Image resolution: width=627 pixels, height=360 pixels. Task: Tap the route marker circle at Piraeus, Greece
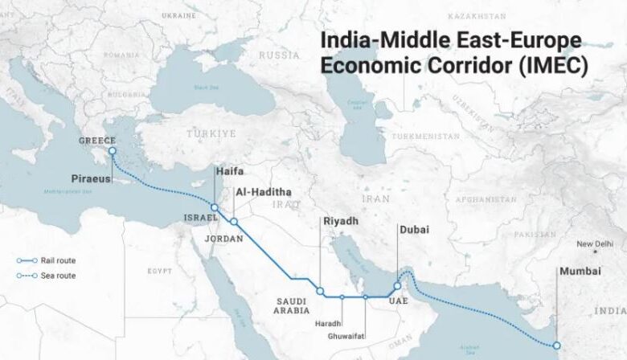(112, 150)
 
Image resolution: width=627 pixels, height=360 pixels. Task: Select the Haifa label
(228, 171)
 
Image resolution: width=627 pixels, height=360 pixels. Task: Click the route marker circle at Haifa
(215, 208)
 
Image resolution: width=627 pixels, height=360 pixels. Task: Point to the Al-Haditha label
(263, 192)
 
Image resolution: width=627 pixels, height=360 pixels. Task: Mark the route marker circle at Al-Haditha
(234, 221)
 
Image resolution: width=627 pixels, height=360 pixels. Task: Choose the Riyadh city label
(341, 221)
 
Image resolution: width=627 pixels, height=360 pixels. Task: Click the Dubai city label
(415, 229)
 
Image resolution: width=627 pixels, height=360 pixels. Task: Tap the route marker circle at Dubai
(397, 286)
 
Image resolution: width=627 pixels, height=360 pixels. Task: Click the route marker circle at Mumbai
(555, 346)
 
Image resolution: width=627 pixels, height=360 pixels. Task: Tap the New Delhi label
(595, 244)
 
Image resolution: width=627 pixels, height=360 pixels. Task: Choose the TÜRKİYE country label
(211, 133)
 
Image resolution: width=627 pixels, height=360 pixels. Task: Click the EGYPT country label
(160, 271)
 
